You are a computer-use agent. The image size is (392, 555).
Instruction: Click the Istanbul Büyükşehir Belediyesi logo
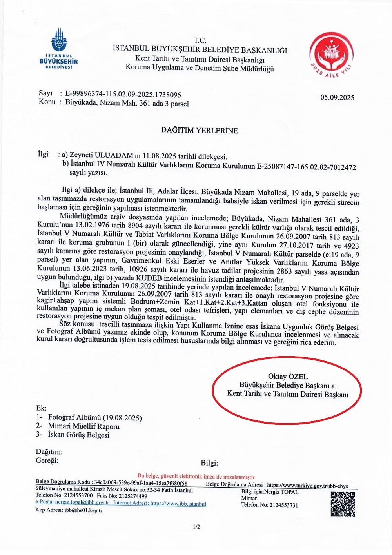59,49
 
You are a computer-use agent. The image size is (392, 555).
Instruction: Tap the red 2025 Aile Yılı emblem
331,55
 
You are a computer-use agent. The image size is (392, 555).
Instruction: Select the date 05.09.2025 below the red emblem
337,98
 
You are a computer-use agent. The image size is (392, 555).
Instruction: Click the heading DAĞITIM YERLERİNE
199,131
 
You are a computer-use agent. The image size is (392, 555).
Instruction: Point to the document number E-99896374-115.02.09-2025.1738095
123,95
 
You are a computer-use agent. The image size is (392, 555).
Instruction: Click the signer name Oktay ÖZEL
288,377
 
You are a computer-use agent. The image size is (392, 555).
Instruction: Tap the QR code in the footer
343,504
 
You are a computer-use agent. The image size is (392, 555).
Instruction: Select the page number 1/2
196,527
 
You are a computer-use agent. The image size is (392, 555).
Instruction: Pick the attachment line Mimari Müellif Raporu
83,426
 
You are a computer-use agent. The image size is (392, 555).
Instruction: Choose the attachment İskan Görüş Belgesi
78,435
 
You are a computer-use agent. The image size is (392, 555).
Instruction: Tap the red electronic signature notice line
196,477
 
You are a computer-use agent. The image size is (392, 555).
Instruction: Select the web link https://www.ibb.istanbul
178,504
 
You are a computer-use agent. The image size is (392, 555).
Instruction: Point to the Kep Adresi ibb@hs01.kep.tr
69,510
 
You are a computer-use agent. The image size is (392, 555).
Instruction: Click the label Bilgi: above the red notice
209,463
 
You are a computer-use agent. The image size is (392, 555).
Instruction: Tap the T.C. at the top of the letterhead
200,40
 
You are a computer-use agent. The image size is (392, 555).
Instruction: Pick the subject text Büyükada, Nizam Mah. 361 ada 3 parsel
127,104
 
